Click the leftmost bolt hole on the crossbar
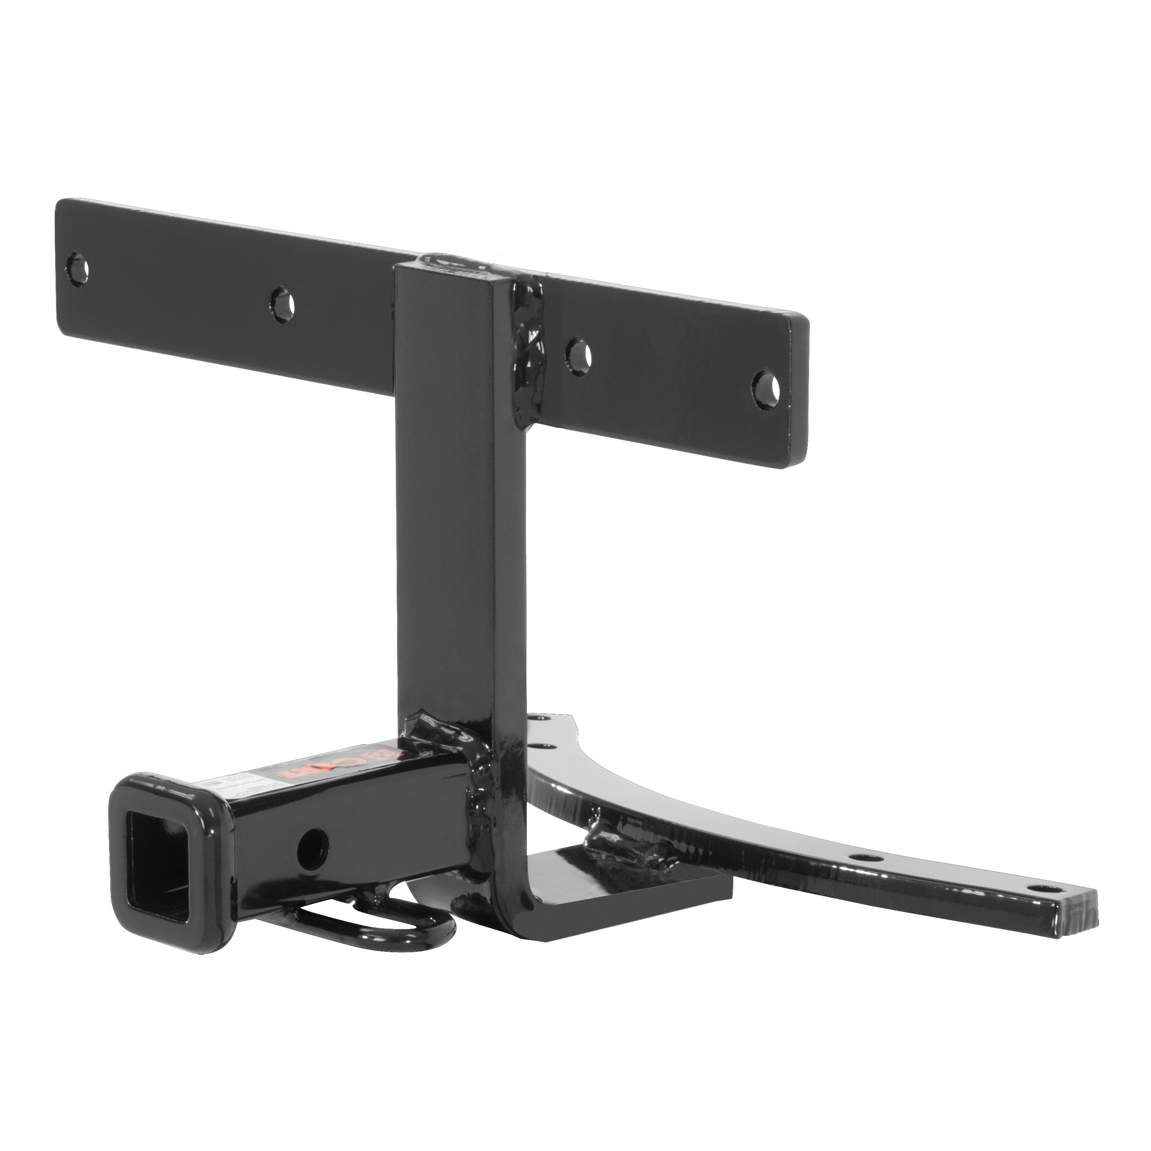pos(77,268)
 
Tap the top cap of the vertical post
pos(456,268)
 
